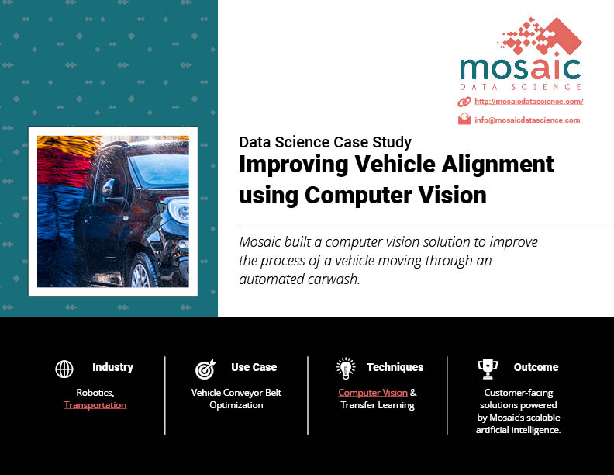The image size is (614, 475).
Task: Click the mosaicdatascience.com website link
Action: pos(529,102)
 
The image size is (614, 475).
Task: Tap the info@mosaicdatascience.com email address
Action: pos(527,120)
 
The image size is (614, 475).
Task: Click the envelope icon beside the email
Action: pos(464,119)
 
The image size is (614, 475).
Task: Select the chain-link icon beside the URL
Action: pos(464,102)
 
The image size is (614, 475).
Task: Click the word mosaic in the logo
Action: pos(520,68)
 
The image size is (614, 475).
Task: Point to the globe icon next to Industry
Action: pos(64,369)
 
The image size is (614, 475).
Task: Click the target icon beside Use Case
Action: pos(205,369)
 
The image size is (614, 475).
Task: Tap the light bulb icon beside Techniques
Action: pos(346,369)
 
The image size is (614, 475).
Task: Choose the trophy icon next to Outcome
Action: pos(488,369)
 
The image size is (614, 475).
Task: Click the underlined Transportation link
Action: pos(95,405)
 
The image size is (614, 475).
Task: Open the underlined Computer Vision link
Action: pos(373,392)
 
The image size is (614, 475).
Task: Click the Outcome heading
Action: pos(536,367)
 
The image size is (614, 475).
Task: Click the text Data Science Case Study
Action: pos(325,142)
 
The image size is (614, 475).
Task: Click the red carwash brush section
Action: pos(64,168)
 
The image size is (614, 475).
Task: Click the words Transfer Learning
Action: pos(378,405)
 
